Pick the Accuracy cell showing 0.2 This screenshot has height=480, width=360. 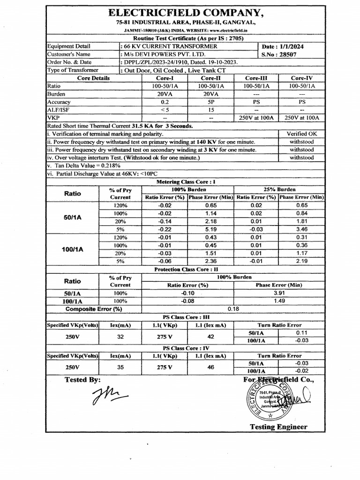point(165,102)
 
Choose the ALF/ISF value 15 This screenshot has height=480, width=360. point(210,110)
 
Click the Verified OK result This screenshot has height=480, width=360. point(301,134)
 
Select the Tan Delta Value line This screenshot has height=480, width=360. point(84,165)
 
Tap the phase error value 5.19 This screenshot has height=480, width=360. point(210,230)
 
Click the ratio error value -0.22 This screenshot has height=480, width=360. point(165,230)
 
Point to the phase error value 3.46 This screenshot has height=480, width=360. point(301,230)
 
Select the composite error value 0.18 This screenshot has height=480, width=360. point(233,309)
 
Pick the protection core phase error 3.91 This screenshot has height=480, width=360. point(279,292)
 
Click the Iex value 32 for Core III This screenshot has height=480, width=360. point(120,336)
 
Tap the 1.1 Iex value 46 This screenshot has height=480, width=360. point(210,367)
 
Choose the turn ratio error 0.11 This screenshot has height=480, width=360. point(301,332)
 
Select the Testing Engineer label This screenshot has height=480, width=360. point(278,427)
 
